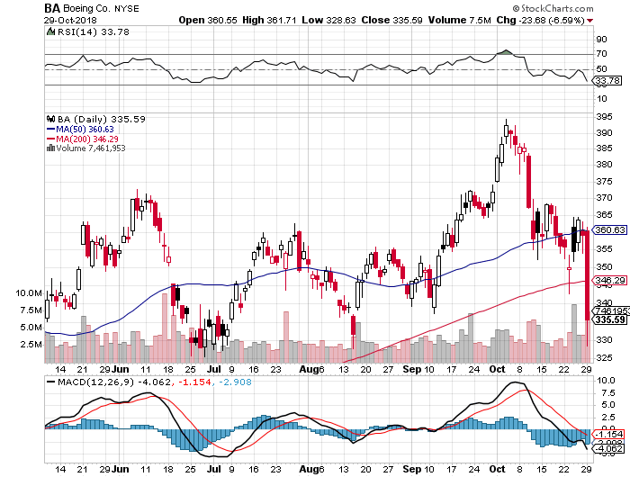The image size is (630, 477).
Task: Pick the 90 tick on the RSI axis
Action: (x=600, y=40)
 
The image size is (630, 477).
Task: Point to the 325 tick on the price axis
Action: (x=603, y=357)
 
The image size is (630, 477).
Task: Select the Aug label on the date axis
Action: (x=308, y=369)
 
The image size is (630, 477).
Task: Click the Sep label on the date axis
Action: (x=410, y=369)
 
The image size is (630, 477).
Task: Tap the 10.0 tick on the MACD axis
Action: (x=602, y=380)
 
